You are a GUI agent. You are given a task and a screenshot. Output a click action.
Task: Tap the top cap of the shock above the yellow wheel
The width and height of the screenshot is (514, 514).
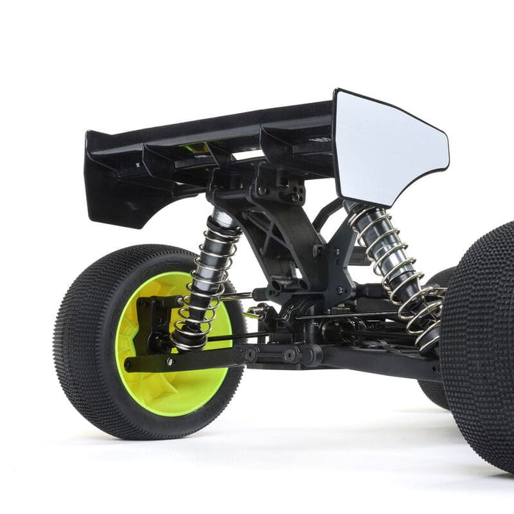[224, 217]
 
